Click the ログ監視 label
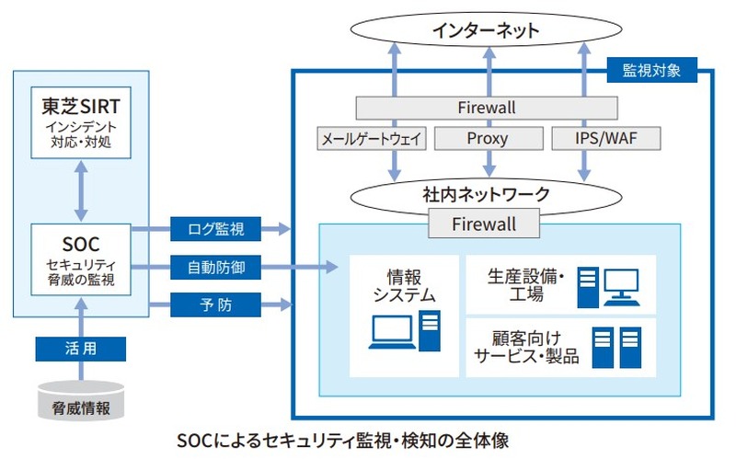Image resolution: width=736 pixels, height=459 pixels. tap(215, 227)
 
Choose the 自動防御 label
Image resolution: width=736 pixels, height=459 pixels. tap(215, 268)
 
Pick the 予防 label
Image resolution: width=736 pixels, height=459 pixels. tap(215, 303)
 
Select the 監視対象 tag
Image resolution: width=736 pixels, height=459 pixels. tap(651, 70)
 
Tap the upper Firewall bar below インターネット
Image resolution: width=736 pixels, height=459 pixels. tap(486, 108)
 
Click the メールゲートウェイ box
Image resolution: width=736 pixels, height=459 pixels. tap(371, 139)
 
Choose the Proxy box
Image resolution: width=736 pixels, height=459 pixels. tap(486, 139)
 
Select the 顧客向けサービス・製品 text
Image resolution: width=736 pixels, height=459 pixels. tap(525, 346)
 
